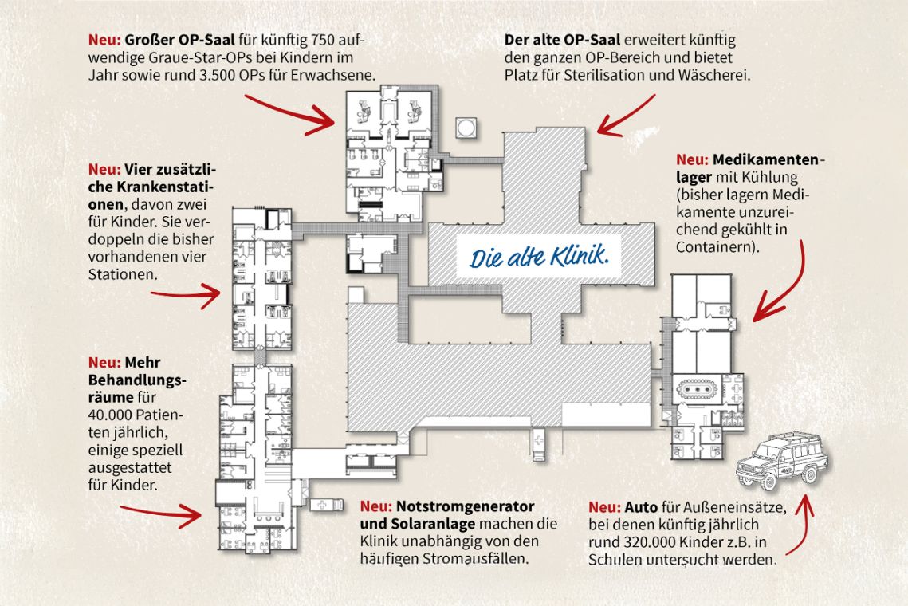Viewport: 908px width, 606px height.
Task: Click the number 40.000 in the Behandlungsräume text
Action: pyautogui.click(x=116, y=415)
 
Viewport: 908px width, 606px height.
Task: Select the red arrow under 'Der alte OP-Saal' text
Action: pyautogui.click(x=626, y=116)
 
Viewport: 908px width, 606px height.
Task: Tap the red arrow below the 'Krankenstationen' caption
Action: pyautogui.click(x=187, y=296)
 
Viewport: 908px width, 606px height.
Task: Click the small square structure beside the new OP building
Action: pyautogui.click(x=466, y=128)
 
